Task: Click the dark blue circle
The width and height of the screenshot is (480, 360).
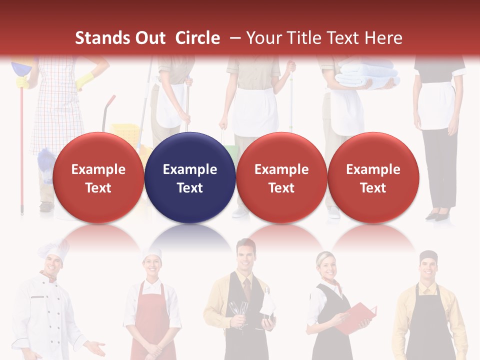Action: [x=190, y=177]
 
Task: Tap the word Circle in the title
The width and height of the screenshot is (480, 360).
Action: [x=197, y=38]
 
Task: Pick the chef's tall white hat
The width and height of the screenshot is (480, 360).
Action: [x=54, y=250]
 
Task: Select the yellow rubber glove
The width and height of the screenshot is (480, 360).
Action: [x=85, y=79]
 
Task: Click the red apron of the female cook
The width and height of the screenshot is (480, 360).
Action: [x=152, y=320]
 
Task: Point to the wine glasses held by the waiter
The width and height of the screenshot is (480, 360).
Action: [x=239, y=312]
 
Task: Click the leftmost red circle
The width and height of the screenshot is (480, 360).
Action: [x=98, y=177]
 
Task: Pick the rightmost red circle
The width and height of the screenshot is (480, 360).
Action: [x=373, y=177]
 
